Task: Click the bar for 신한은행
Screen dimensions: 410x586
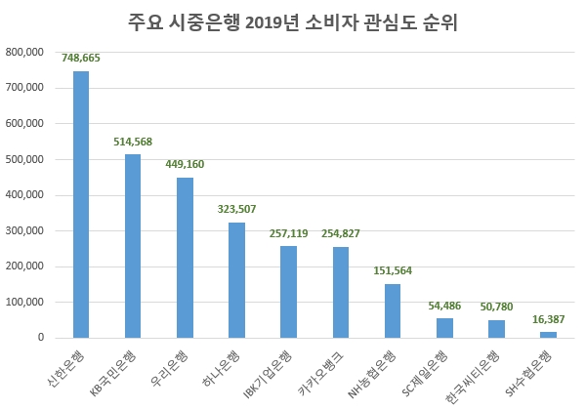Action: [x=81, y=204]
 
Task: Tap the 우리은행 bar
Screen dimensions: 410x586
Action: [x=185, y=258]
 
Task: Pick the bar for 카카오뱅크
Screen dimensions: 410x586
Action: [x=340, y=292]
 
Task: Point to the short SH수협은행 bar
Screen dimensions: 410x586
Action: [x=548, y=335]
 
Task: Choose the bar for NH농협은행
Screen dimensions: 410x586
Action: [x=392, y=310]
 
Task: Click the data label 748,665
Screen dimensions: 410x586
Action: [x=81, y=59]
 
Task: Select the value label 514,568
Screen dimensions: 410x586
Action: [x=133, y=142]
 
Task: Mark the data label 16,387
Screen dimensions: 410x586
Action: [x=548, y=318]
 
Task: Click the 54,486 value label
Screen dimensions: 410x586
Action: [x=444, y=306]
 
